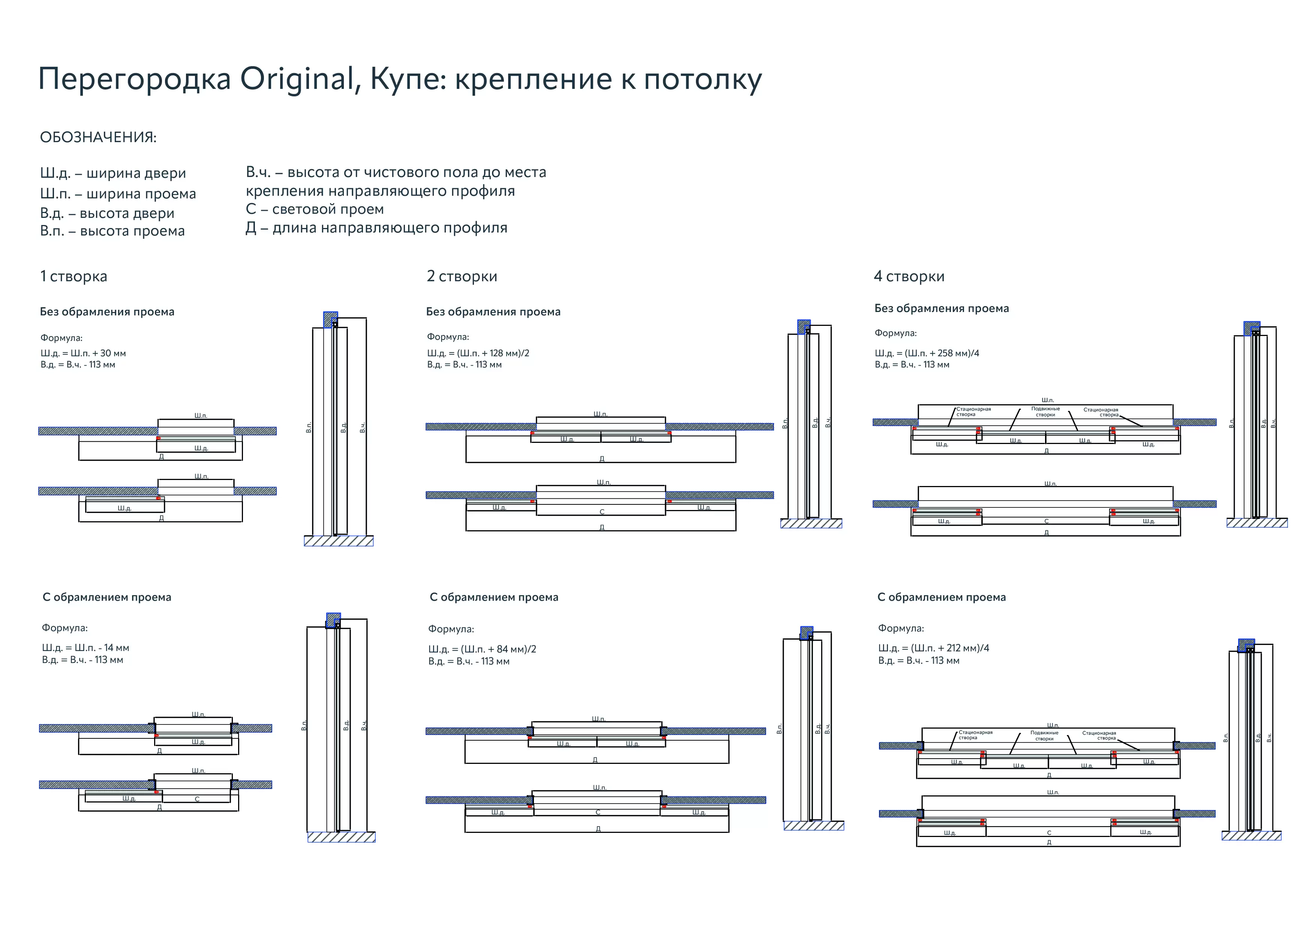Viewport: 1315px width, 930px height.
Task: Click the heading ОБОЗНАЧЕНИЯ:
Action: (98, 138)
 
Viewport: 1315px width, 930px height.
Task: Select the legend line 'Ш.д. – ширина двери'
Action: (113, 173)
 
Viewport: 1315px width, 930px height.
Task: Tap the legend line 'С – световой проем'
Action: (315, 209)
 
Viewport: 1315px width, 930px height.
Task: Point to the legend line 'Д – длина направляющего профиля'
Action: (376, 228)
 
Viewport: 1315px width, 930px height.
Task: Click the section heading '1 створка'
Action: (73, 277)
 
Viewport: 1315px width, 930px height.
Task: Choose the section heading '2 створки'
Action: (462, 277)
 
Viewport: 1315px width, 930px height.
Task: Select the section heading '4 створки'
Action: (909, 277)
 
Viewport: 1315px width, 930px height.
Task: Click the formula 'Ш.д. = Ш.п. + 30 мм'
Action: (83, 353)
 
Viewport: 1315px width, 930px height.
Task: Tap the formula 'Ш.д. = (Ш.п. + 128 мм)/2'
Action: (478, 353)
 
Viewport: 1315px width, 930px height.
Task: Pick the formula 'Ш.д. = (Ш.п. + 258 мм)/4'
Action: (927, 353)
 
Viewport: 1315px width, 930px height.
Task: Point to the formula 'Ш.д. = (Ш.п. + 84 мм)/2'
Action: (482, 649)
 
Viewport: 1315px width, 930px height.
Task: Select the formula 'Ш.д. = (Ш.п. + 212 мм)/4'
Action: (934, 648)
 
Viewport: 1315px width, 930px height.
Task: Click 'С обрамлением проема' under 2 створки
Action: (494, 597)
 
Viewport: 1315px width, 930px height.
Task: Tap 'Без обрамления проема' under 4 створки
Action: (942, 309)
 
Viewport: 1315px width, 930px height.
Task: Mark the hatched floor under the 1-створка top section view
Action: (339, 541)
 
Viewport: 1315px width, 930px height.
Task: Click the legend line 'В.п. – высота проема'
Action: (112, 231)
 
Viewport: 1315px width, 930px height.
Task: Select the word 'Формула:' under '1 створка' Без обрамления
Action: (61, 338)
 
